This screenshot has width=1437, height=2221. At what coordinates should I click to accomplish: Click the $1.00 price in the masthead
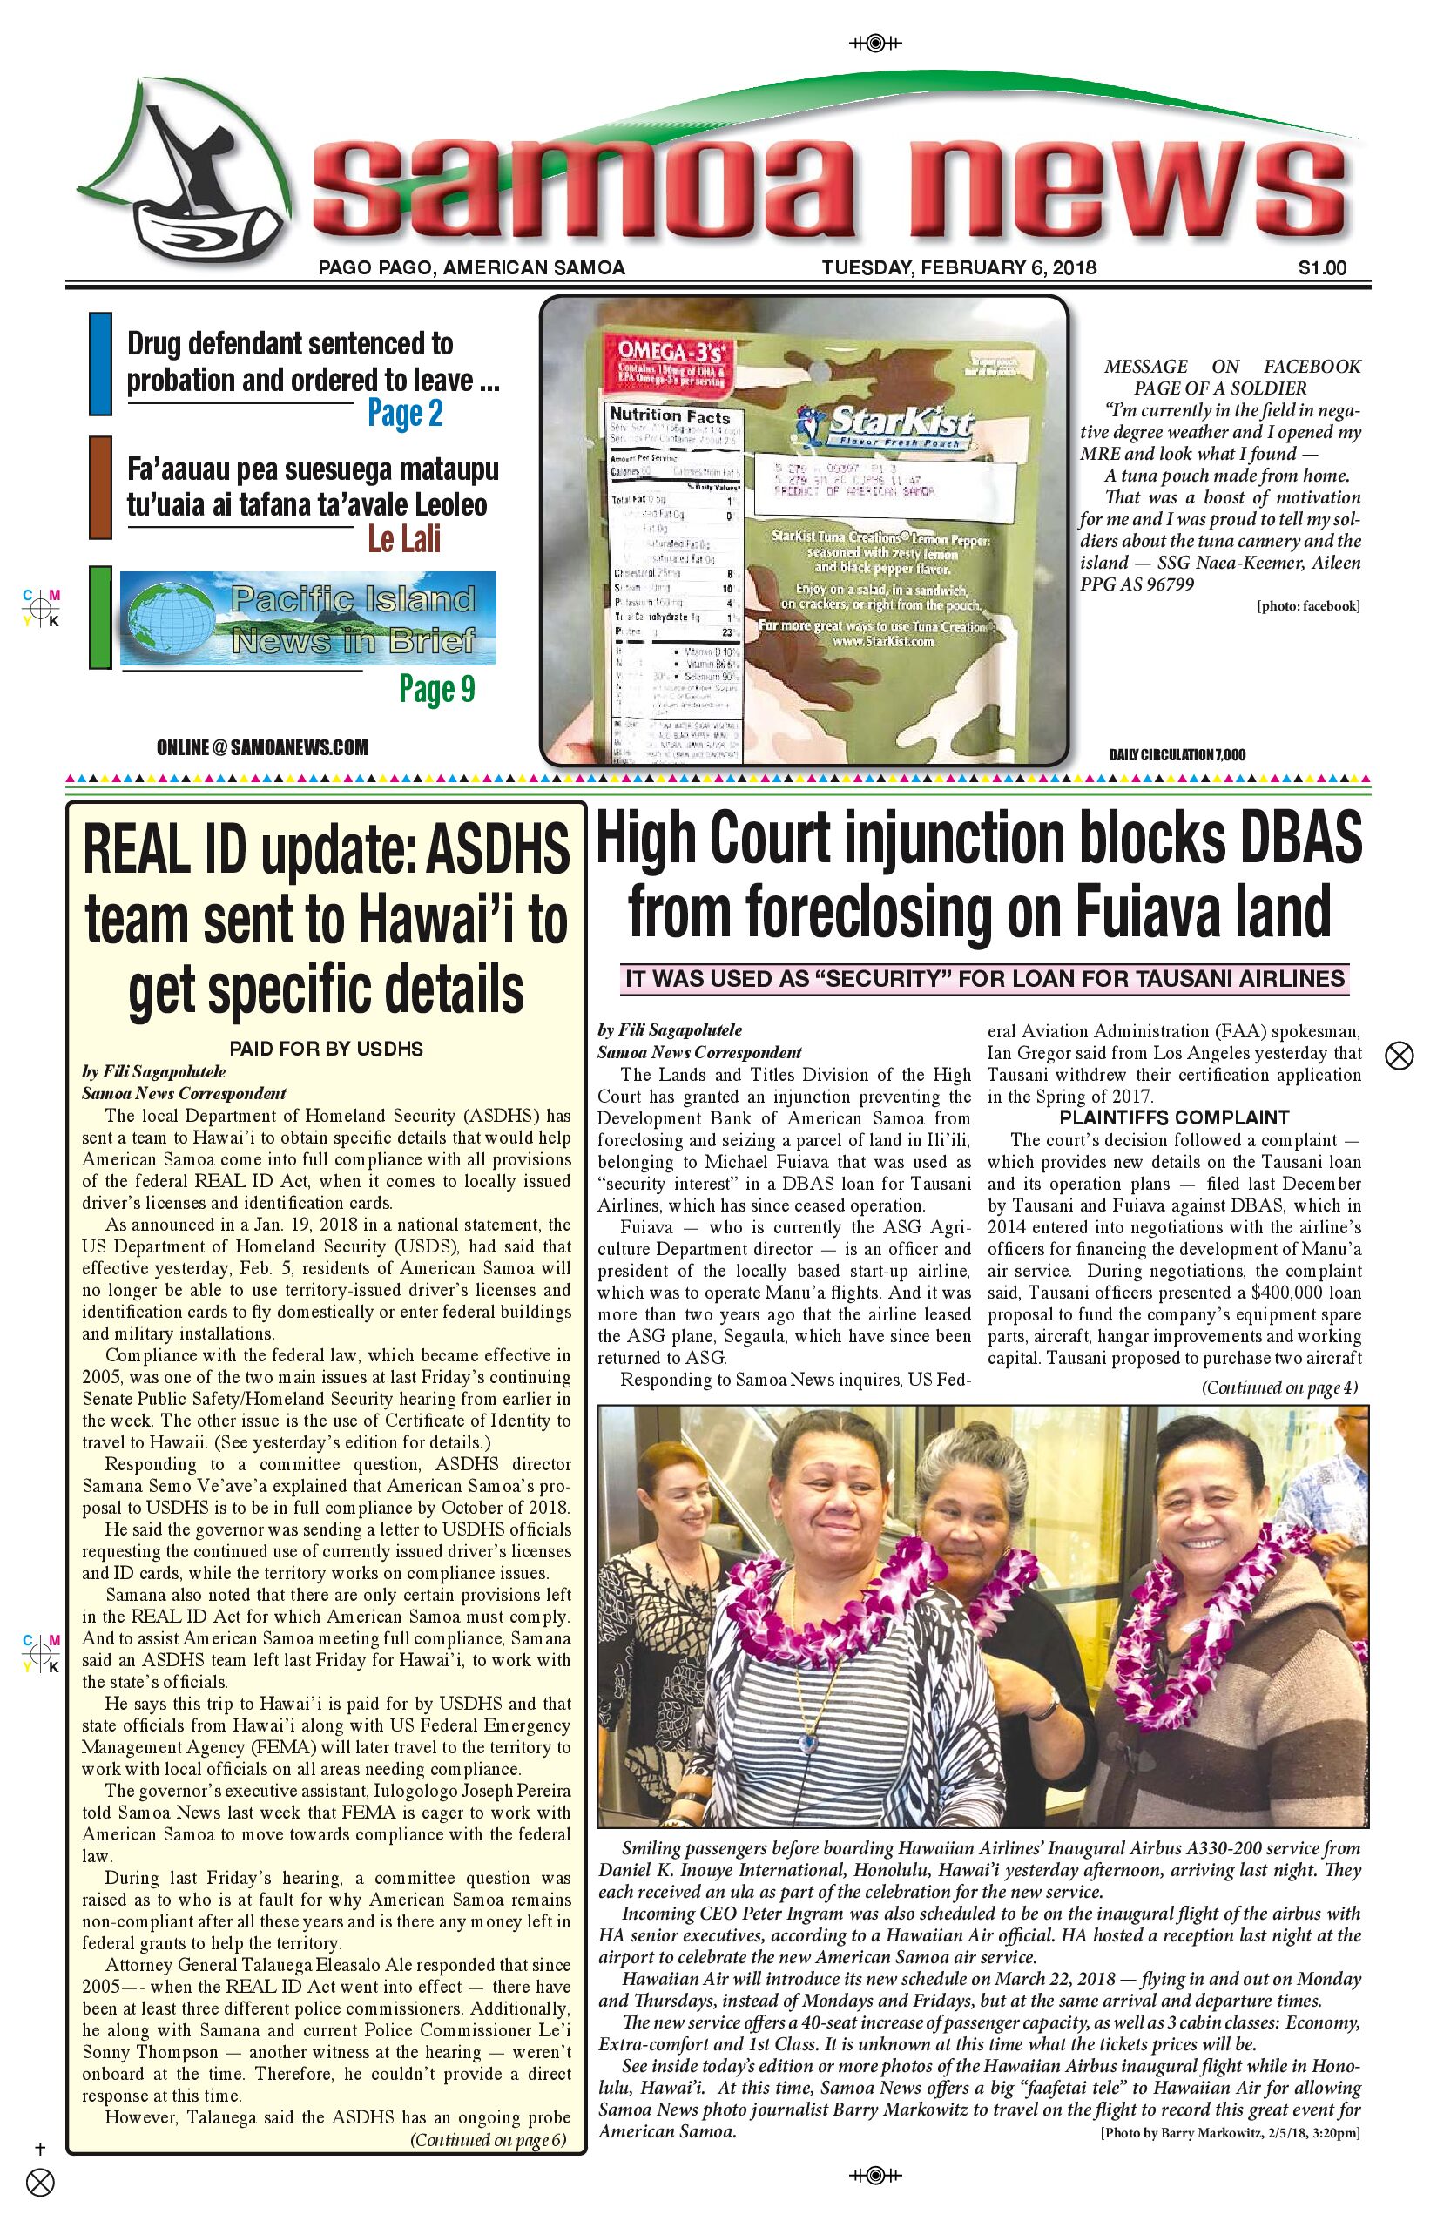click(1321, 268)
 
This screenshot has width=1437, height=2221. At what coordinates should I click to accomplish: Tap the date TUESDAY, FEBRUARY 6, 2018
click(958, 268)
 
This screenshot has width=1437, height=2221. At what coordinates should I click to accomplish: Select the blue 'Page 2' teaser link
click(404, 413)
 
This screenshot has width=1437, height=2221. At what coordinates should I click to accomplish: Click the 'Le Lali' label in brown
click(403, 539)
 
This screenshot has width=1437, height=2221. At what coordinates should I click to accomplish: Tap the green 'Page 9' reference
click(436, 689)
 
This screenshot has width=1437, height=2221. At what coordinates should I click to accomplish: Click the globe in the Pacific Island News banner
click(173, 618)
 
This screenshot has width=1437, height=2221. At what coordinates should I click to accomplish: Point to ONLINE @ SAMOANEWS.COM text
click(262, 747)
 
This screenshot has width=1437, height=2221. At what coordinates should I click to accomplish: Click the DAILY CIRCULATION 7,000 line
click(1177, 754)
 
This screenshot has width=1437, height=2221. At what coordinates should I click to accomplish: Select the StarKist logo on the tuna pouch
click(887, 427)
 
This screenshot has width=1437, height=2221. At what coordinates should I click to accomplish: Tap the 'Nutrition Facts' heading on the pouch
click(669, 416)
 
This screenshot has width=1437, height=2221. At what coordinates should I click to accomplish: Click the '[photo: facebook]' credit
click(1308, 606)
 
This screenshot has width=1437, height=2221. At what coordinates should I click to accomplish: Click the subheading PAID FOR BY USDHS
click(326, 1049)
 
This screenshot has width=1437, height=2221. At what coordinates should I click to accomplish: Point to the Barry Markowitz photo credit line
click(1230, 2133)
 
